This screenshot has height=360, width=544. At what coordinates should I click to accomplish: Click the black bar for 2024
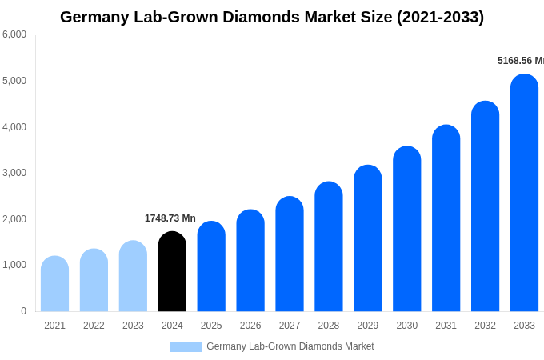tap(172, 272)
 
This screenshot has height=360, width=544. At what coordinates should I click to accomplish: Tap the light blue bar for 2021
tap(54, 284)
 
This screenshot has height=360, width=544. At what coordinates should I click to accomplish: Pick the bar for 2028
tap(329, 247)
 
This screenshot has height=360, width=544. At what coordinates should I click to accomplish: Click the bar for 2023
tap(133, 277)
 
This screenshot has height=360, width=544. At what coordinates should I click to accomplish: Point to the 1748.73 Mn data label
tap(170, 218)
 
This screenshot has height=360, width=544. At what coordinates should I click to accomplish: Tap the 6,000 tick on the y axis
tap(14, 34)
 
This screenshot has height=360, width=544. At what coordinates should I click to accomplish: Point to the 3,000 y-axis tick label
tap(14, 173)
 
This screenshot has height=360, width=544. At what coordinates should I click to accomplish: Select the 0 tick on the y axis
tap(23, 311)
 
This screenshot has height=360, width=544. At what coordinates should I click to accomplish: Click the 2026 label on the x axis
tap(250, 326)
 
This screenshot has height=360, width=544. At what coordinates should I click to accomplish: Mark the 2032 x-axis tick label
tap(485, 326)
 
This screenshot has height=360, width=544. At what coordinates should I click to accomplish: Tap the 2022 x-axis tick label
tap(94, 326)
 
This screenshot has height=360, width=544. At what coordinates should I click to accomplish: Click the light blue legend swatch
tap(186, 347)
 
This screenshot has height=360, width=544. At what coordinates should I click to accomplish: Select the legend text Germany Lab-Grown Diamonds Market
tap(290, 346)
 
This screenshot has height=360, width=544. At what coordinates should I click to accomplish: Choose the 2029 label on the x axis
tap(368, 326)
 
